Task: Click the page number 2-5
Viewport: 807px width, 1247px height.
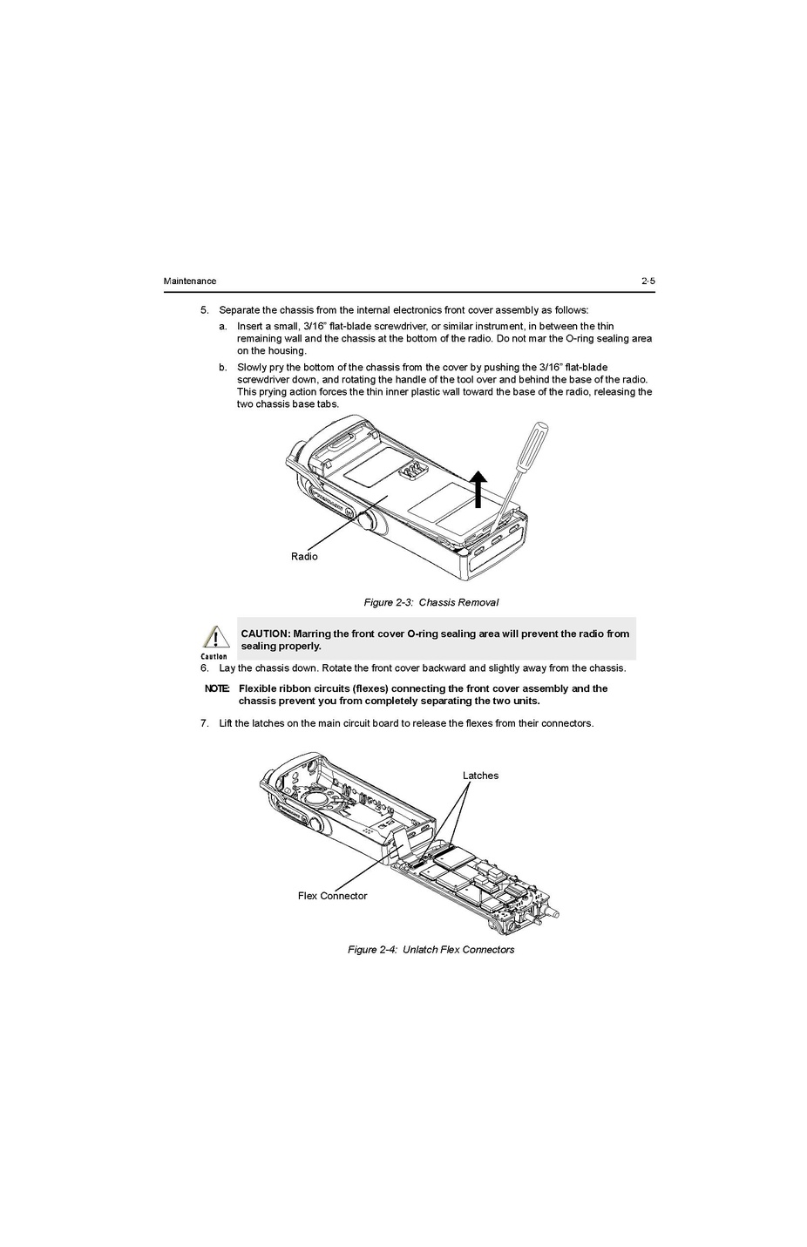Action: [648, 281]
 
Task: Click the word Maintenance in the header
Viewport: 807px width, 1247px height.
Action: [190, 281]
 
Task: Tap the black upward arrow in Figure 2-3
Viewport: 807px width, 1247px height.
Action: [478, 489]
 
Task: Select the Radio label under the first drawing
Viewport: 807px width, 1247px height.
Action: [304, 556]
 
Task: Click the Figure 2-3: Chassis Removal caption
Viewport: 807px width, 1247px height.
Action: [431, 602]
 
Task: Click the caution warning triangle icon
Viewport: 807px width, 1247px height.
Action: [215, 636]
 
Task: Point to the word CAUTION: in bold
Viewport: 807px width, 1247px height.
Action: [266, 634]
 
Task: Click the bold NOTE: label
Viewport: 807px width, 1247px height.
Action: [217, 688]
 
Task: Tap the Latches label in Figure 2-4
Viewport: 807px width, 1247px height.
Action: [480, 776]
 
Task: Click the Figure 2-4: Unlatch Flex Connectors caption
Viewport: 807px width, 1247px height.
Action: [431, 949]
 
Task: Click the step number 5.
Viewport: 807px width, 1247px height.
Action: [204, 310]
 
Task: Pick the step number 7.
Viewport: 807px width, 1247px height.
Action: [204, 723]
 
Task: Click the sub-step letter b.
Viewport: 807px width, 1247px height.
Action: [222, 368]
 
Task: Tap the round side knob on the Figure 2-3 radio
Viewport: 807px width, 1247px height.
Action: [366, 519]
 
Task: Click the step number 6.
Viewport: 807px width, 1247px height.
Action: [204, 668]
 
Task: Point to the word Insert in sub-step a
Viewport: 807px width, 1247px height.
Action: [249, 326]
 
